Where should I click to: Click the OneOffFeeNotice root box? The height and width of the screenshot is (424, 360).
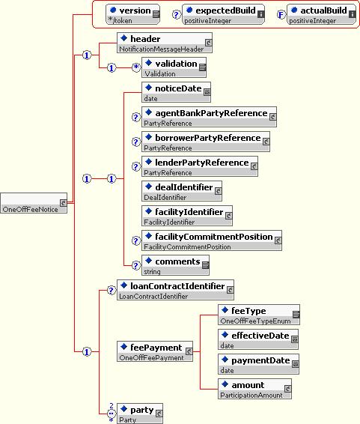tap(34, 203)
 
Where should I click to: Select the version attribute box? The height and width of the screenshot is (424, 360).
tap(133, 14)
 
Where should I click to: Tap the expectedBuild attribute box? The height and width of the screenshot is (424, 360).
tap(223, 14)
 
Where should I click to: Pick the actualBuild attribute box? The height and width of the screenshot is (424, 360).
tap(321, 14)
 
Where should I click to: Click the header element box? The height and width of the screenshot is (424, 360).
tap(165, 43)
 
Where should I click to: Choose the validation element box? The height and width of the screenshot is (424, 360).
tap(174, 67)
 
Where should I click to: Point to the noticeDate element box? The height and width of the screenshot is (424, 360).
tap(176, 92)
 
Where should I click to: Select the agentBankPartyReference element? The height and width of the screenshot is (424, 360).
tap(209, 117)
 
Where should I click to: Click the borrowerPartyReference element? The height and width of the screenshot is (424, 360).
tap(206, 142)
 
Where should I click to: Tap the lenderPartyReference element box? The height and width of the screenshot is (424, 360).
tap(200, 166)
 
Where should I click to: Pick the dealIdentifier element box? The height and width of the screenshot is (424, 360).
tap(182, 191)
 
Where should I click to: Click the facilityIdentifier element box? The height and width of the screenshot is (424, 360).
tap(187, 216)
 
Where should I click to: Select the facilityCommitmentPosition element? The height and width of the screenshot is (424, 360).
tap(212, 240)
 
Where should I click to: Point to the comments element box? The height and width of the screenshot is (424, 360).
tap(175, 265)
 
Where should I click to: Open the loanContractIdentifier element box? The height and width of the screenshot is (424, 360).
tap(176, 290)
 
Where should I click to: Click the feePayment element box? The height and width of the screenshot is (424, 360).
tap(155, 351)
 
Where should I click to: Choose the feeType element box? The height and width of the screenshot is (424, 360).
tap(259, 315)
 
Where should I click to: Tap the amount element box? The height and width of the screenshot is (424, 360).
tap(254, 389)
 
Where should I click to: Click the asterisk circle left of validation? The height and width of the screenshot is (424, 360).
tap(136, 67)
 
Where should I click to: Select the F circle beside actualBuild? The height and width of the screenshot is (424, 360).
tap(281, 14)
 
